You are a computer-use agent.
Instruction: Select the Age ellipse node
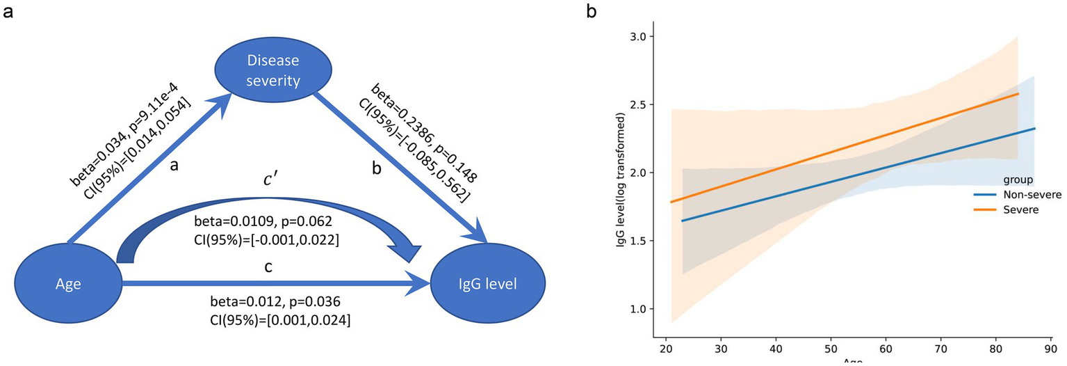[x=67, y=284]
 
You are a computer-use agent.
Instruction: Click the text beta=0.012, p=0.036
[x=275, y=302]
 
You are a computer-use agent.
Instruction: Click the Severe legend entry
[x=1019, y=209]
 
